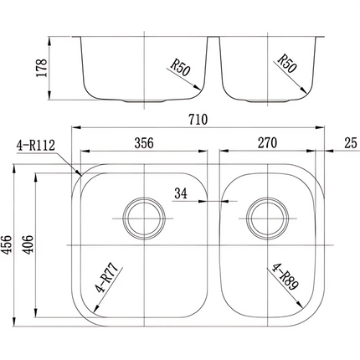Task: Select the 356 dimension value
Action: tap(144, 143)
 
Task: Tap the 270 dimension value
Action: tap(267, 143)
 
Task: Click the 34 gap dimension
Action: tap(180, 194)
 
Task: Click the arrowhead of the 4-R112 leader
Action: tap(79, 172)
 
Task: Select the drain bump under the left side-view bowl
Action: tap(145, 101)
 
